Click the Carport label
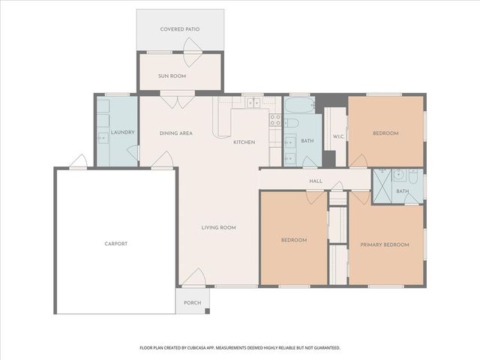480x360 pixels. [115, 244]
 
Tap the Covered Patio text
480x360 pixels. [180, 29]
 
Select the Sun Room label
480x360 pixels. [172, 76]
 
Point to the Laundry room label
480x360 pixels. [122, 133]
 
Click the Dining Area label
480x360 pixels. [176, 133]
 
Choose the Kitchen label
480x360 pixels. [244, 142]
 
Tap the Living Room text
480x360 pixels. [218, 227]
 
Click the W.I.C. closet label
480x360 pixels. [337, 136]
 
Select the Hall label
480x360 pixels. [316, 181]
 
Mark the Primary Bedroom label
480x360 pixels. [385, 245]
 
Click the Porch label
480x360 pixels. [192, 303]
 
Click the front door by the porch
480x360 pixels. [194, 277]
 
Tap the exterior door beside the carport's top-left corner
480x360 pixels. [77, 161]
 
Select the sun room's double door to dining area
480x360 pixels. [178, 100]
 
